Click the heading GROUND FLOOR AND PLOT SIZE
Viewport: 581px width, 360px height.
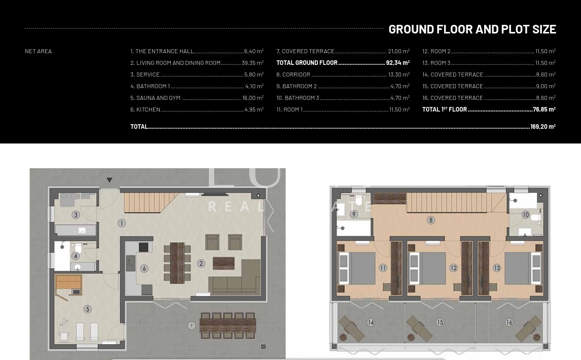472,29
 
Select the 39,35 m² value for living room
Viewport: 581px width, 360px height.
252,63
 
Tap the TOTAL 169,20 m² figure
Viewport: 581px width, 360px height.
543,126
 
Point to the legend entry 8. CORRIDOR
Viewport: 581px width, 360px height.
293,75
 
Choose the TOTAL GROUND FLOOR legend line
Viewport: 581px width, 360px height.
343,63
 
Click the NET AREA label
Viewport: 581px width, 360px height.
38,51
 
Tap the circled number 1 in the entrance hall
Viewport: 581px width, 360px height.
122,223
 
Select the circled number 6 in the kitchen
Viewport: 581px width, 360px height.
144,268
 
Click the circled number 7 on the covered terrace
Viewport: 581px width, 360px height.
191,326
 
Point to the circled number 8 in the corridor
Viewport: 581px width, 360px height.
430,220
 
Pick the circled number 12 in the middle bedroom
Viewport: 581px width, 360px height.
454,268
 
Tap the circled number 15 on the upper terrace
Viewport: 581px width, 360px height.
440,322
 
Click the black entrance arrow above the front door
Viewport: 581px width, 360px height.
110,180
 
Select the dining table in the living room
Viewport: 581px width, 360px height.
177,263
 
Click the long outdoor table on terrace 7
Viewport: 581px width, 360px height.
228,325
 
